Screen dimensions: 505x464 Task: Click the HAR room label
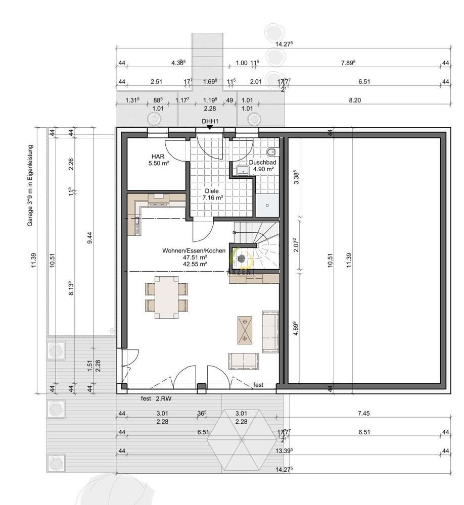pyautogui.click(x=155, y=157)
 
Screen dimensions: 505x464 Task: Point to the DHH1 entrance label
pyautogui.click(x=210, y=121)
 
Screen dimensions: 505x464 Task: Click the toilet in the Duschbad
pyautogui.click(x=271, y=151)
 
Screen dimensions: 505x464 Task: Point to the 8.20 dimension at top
pyautogui.click(x=355, y=100)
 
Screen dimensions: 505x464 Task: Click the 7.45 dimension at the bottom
pyautogui.click(x=363, y=413)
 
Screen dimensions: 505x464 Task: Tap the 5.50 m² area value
pyautogui.click(x=158, y=164)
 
